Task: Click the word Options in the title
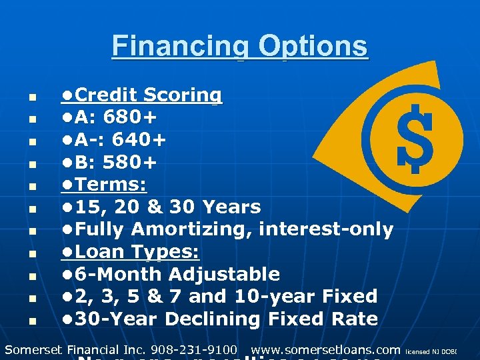313,46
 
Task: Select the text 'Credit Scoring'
149,95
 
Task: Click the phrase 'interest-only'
326,230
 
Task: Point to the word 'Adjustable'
224,274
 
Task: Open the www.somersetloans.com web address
325,349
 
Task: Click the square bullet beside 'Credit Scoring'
31,96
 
